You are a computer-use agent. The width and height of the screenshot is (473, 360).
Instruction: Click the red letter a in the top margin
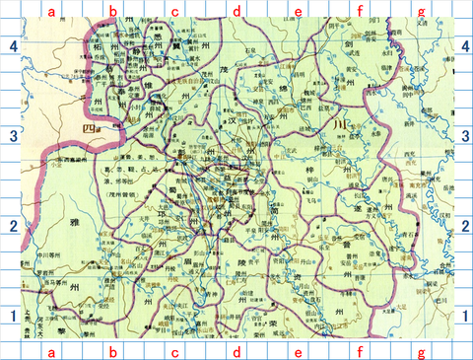[x=50, y=11]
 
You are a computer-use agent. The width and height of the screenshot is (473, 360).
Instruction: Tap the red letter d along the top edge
[x=236, y=11]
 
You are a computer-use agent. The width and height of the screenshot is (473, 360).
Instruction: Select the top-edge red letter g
[x=422, y=11]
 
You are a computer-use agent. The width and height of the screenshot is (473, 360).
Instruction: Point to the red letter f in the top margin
[x=361, y=11]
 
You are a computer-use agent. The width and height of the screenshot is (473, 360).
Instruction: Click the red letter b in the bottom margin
[x=112, y=351]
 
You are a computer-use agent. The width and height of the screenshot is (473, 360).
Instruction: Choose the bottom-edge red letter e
[x=298, y=351]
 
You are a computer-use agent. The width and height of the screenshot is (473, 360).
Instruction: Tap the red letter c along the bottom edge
[x=174, y=351]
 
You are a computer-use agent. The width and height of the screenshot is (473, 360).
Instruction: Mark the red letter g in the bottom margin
[x=422, y=351]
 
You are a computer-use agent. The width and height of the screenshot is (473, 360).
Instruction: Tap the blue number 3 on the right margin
[x=463, y=136]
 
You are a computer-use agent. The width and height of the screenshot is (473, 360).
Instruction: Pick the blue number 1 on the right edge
[x=463, y=316]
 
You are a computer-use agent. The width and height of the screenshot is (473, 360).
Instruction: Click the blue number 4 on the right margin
[x=463, y=46]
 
